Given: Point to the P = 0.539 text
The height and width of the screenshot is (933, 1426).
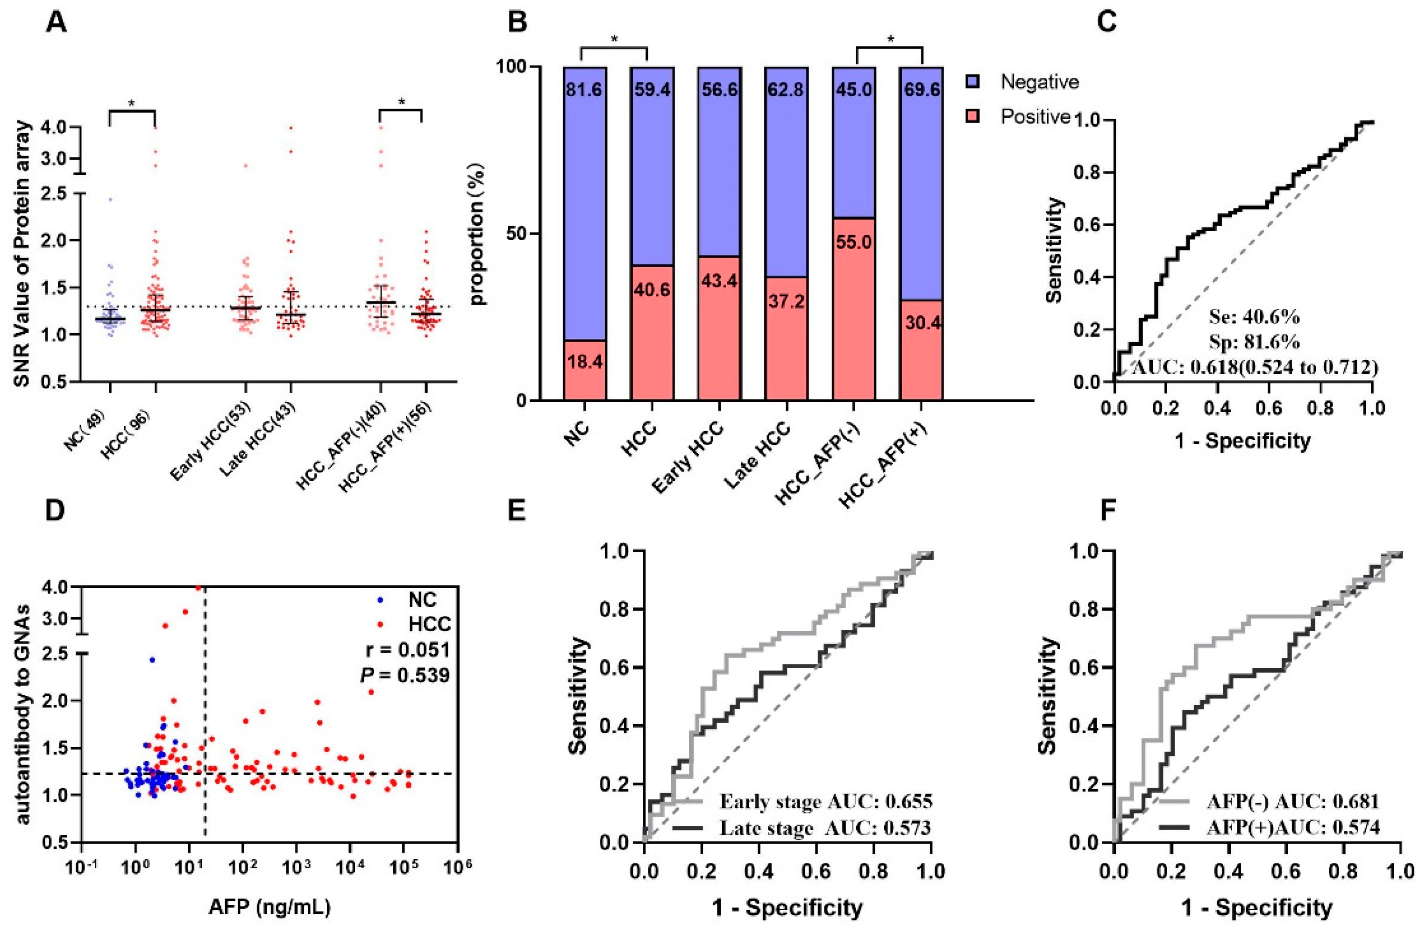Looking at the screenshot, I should click(405, 676).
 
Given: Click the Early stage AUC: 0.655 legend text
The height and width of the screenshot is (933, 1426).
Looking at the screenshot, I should click(826, 802).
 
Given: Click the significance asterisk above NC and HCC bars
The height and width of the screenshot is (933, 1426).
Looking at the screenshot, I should click(614, 40).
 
